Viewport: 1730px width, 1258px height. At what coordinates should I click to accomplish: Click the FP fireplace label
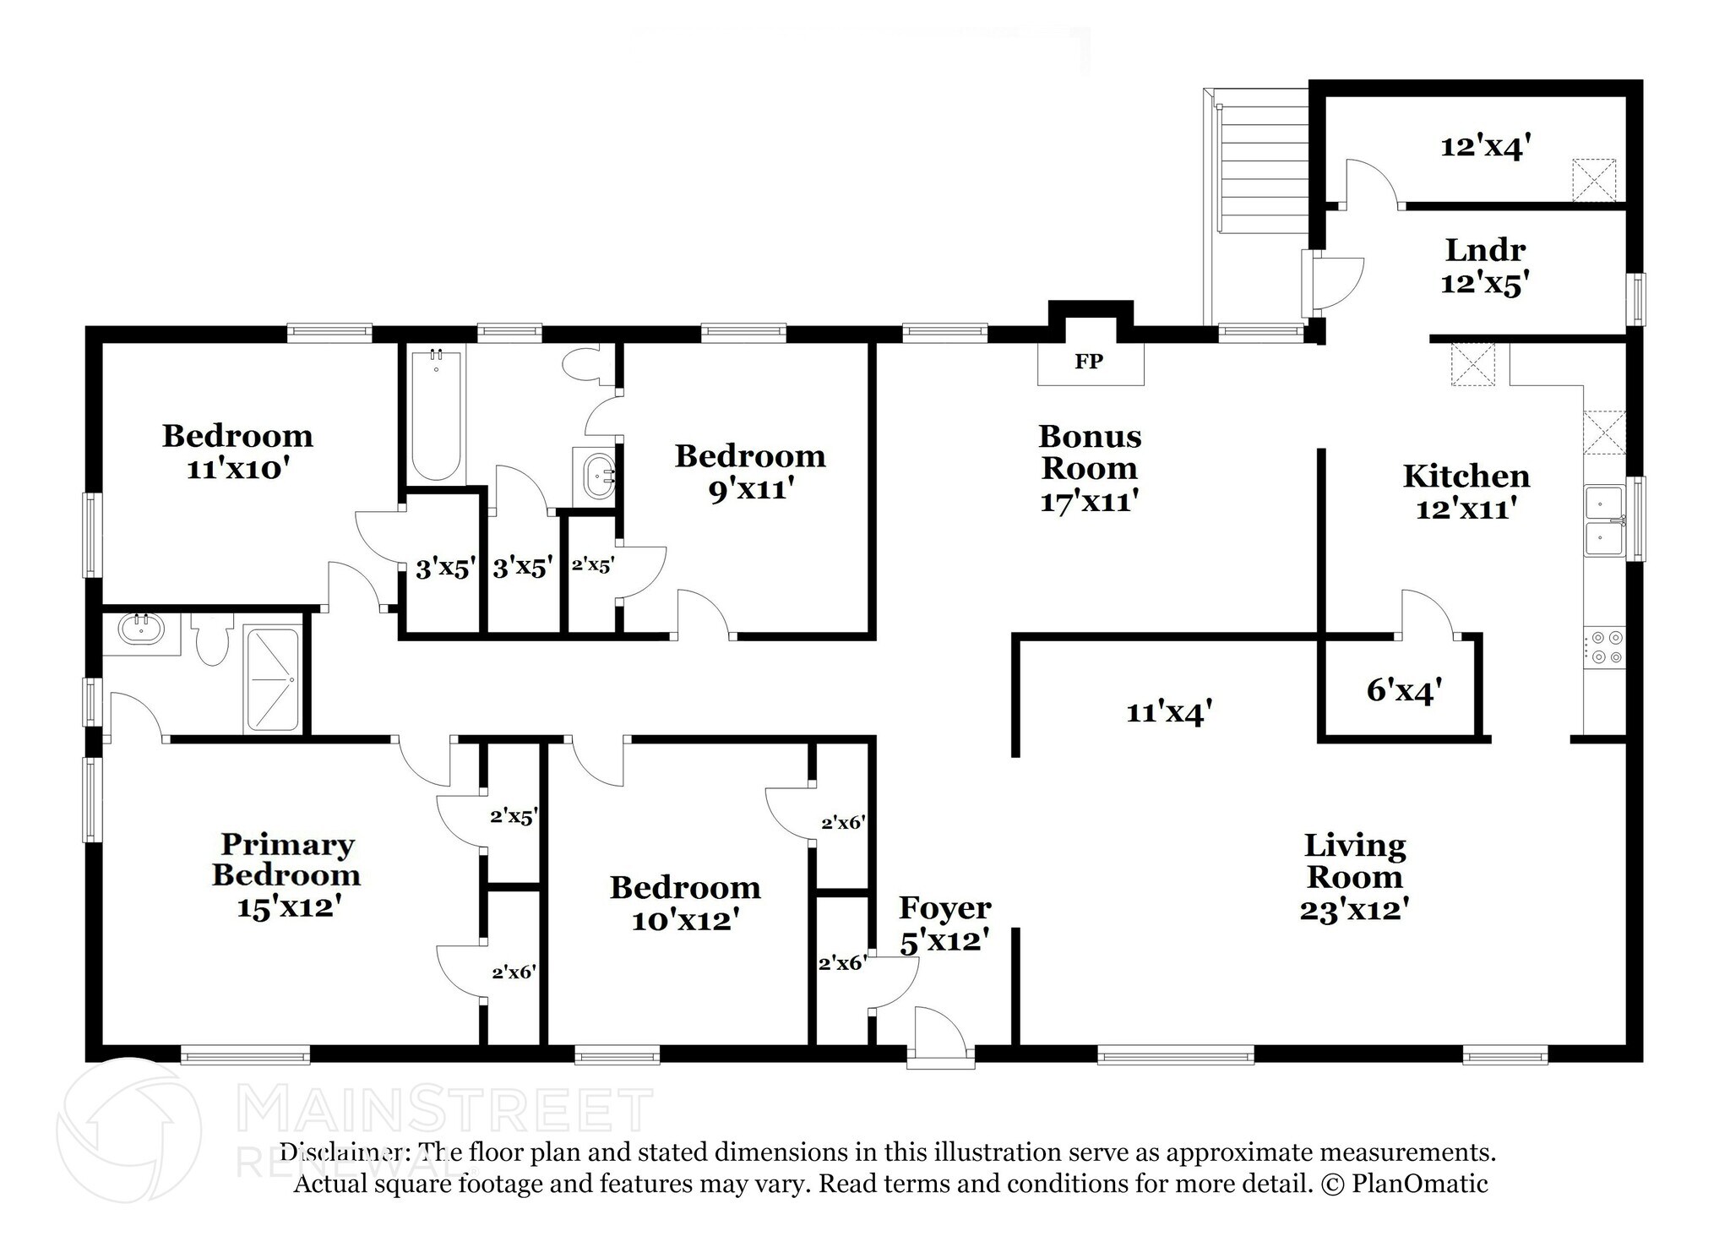tap(1088, 362)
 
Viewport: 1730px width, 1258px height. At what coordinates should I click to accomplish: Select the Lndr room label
tap(1484, 250)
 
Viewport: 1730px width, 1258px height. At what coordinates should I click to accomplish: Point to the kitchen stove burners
tap(1603, 648)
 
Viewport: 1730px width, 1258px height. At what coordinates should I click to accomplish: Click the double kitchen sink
tap(1602, 521)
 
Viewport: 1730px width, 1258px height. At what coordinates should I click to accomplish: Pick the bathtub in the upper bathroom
tap(436, 415)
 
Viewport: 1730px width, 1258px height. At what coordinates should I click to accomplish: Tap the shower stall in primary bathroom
tap(271, 680)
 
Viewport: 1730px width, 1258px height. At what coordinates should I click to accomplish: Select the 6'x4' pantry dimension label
tap(1403, 691)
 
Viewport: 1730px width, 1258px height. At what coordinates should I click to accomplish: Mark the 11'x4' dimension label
tap(1169, 713)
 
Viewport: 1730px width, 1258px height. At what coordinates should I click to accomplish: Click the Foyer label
tap(944, 908)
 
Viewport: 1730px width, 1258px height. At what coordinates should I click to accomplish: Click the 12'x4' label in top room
tap(1485, 148)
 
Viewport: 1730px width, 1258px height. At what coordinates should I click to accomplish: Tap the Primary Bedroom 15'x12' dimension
tap(288, 908)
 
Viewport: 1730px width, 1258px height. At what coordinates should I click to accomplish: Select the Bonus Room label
tap(1089, 452)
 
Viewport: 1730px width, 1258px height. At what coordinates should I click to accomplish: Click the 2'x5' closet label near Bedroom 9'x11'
tap(592, 565)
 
